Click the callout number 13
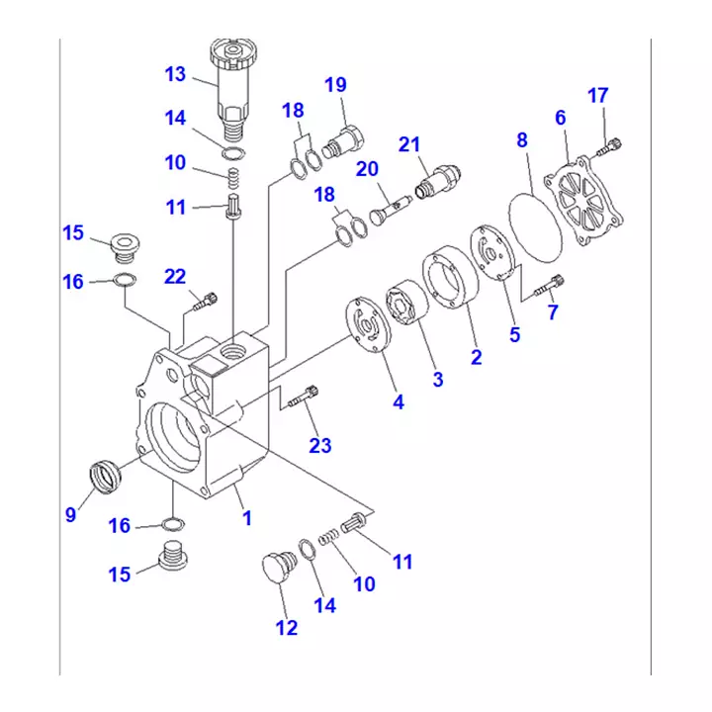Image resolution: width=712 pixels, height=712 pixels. click(175, 74)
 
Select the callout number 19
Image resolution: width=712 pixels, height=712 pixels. click(336, 84)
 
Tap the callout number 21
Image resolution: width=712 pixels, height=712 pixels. click(409, 144)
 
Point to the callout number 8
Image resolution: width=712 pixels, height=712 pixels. click(522, 139)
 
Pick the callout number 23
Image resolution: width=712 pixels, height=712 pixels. click(319, 446)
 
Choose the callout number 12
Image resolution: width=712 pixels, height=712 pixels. click(286, 627)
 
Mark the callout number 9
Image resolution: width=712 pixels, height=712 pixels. click(70, 513)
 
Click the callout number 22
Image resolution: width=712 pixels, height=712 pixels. click(175, 277)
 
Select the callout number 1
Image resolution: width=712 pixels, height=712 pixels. click(247, 516)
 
